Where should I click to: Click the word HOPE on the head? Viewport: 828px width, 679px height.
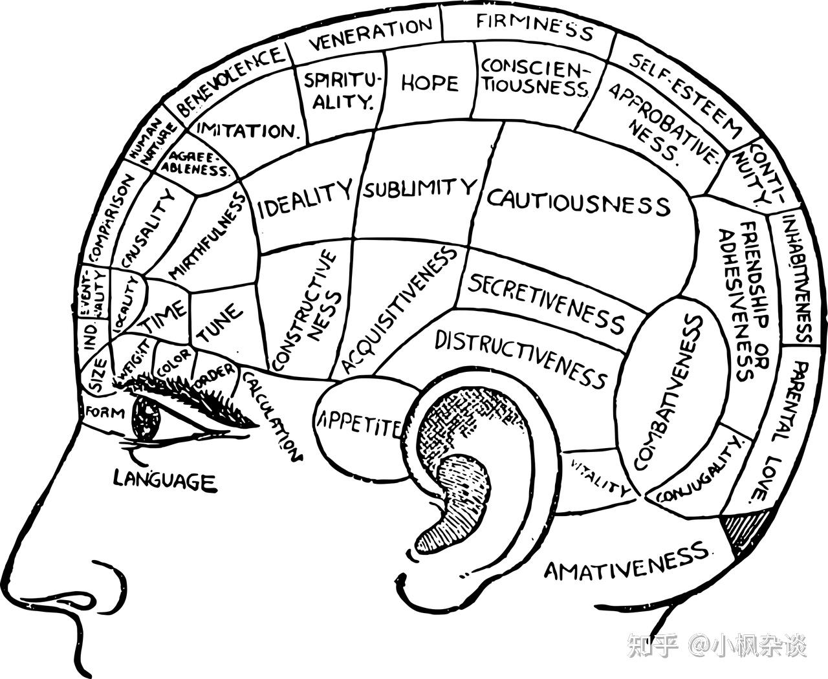point(430,83)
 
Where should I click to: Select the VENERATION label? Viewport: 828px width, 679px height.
point(371,35)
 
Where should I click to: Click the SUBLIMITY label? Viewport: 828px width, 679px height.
point(419,189)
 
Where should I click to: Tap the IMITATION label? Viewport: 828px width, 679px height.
point(246,131)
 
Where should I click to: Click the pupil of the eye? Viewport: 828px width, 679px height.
point(146,419)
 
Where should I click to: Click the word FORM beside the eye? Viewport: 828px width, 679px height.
point(104,411)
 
